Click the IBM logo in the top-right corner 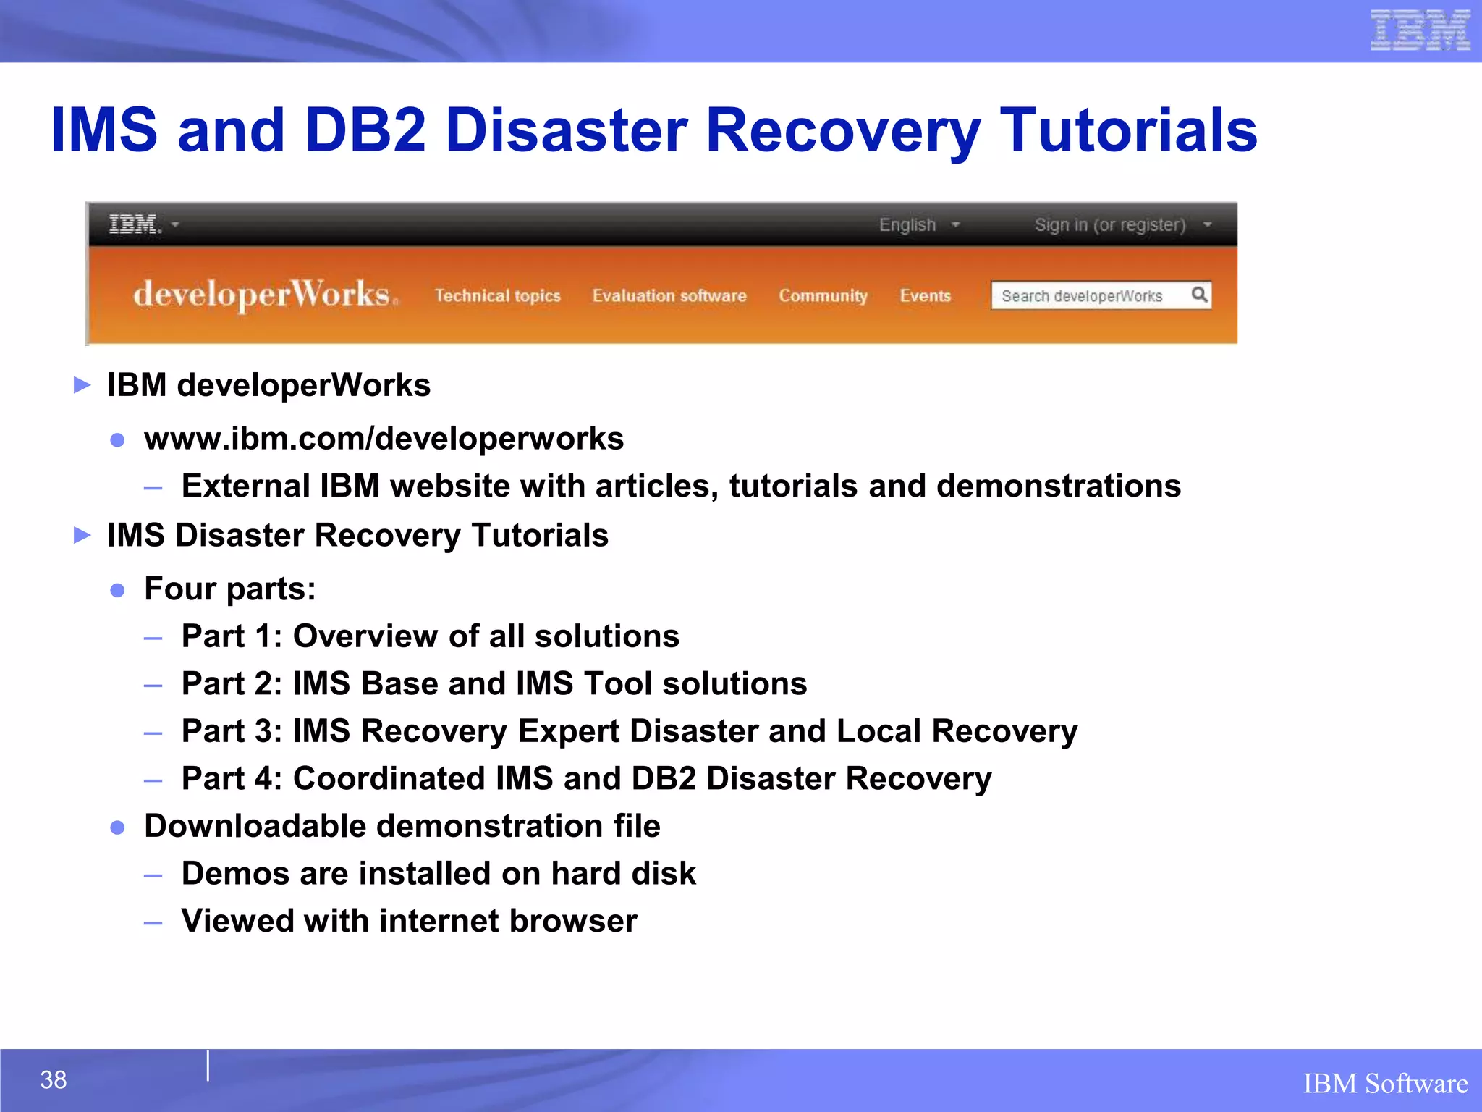[1420, 30]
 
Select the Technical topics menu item [498, 295]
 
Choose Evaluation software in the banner [669, 295]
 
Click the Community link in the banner [823, 295]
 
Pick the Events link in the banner [925, 295]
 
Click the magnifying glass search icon [1199, 295]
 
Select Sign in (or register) [1110, 224]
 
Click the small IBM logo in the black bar [135, 224]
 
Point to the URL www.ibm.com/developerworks [384, 439]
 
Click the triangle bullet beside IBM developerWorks [82, 385]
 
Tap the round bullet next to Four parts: [117, 590]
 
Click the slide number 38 [54, 1079]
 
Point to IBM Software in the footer [1385, 1084]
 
